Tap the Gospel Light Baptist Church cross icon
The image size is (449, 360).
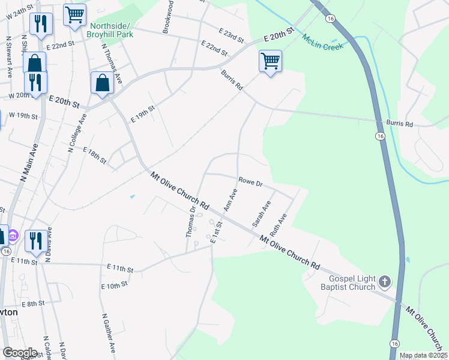[x=385, y=281]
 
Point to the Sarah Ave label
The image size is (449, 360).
[x=261, y=214]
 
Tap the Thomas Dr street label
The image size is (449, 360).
[x=190, y=222]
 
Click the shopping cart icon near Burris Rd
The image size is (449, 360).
[x=270, y=61]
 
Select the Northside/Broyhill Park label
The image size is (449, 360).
[x=111, y=30]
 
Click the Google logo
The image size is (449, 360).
[x=20, y=353]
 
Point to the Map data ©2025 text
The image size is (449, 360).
[x=424, y=356]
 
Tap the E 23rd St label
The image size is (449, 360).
[x=231, y=36]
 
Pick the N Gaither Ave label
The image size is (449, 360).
[x=108, y=333]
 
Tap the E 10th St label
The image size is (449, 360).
[x=115, y=286]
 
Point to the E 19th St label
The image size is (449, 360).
[x=142, y=113]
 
